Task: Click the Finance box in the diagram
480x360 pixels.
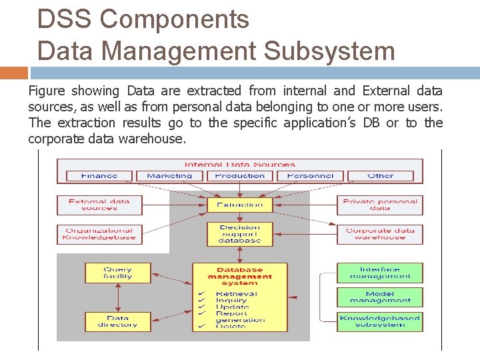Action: (99, 176)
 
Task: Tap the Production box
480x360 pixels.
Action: (239, 176)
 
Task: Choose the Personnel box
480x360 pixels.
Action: (310, 176)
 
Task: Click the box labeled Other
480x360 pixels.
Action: (380, 176)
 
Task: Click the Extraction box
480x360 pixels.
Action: (239, 205)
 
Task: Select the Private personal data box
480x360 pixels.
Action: (380, 204)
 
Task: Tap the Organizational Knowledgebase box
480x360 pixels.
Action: (99, 234)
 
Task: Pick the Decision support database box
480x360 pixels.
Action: (239, 234)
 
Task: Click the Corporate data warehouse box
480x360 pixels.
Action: (380, 234)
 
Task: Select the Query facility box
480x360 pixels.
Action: (117, 273)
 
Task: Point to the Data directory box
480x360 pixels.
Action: (117, 321)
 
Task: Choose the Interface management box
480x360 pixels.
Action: (380, 273)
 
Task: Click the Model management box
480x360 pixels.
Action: (380, 297)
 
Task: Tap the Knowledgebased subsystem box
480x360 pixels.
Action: (380, 321)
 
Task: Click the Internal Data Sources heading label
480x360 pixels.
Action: (239, 164)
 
